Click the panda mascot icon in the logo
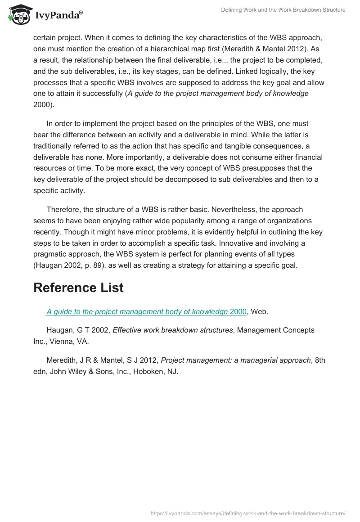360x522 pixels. click(17, 15)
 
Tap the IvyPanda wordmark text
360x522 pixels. click(58, 15)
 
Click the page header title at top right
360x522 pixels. click(283, 10)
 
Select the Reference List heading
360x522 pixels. click(78, 288)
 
